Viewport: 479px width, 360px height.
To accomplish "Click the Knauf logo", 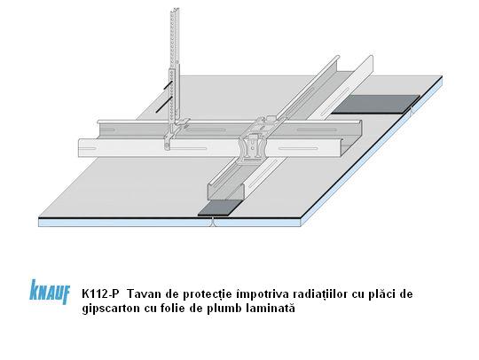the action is [x=50, y=292].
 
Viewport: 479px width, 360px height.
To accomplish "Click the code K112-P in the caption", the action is [x=100, y=294].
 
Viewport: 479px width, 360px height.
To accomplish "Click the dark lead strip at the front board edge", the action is [x=220, y=208].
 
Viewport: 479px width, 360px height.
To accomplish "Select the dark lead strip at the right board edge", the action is [x=376, y=104].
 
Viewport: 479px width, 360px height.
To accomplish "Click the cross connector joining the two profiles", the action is [x=257, y=138].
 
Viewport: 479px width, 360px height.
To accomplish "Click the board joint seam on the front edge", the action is [x=213, y=223].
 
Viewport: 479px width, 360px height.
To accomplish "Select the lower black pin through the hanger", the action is [x=163, y=105].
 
